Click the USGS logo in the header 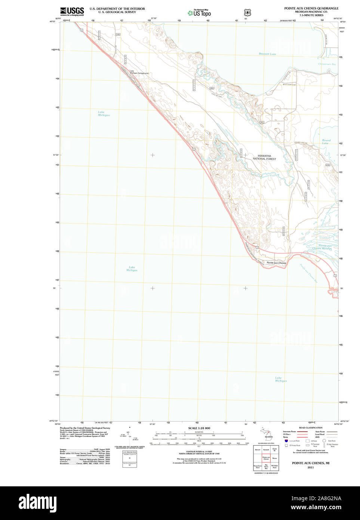(x=72, y=11)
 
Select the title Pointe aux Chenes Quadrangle (x=311, y=8)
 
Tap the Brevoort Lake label (x=267, y=54)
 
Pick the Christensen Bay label (x=327, y=64)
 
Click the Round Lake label (x=326, y=142)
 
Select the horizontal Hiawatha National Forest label (x=264, y=157)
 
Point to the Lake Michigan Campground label (x=139, y=72)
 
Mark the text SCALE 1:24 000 (x=199, y=428)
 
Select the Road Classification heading (x=310, y=428)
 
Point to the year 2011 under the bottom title (x=310, y=468)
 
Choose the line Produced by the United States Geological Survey (x=85, y=428)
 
